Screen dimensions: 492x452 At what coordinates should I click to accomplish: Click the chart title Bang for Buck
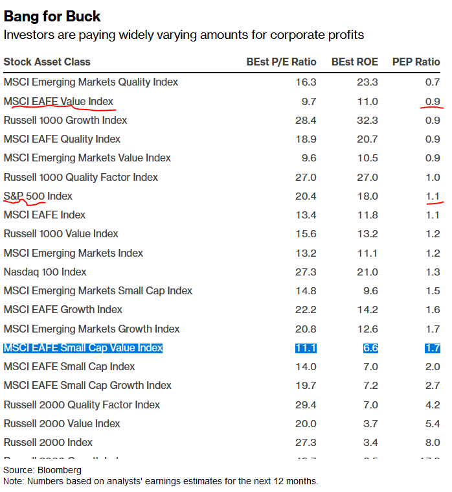(x=52, y=16)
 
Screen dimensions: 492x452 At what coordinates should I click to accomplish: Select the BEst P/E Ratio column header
(x=281, y=62)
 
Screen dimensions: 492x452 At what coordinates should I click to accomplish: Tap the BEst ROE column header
(x=354, y=62)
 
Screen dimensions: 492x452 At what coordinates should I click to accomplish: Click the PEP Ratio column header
(x=416, y=62)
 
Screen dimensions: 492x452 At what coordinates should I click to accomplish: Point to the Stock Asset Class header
(x=47, y=62)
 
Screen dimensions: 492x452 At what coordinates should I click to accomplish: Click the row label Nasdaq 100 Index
(x=45, y=272)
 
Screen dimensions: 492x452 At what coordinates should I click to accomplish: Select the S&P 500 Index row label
(x=38, y=196)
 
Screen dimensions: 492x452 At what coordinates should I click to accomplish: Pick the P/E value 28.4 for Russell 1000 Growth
(x=306, y=120)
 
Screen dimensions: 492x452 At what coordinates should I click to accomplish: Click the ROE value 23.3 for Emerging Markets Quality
(x=367, y=82)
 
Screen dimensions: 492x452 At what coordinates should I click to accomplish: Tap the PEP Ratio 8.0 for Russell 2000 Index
(x=432, y=442)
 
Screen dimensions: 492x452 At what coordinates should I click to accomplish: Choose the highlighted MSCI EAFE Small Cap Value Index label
(x=83, y=348)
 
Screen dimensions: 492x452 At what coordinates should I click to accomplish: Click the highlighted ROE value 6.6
(x=370, y=348)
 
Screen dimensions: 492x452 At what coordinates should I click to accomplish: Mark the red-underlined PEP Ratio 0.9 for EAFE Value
(x=432, y=101)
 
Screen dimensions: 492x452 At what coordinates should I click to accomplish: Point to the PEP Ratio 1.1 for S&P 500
(x=432, y=196)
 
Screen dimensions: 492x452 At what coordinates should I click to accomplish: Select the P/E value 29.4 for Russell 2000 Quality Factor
(x=306, y=404)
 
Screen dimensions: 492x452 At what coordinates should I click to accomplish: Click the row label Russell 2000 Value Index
(x=62, y=423)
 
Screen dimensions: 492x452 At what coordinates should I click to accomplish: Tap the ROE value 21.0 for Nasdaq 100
(x=367, y=272)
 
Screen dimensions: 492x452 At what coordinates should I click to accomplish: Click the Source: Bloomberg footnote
(x=42, y=470)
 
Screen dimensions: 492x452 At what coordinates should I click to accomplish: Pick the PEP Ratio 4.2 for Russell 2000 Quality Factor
(x=432, y=404)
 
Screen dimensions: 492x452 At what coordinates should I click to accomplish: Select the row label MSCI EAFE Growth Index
(x=63, y=309)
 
